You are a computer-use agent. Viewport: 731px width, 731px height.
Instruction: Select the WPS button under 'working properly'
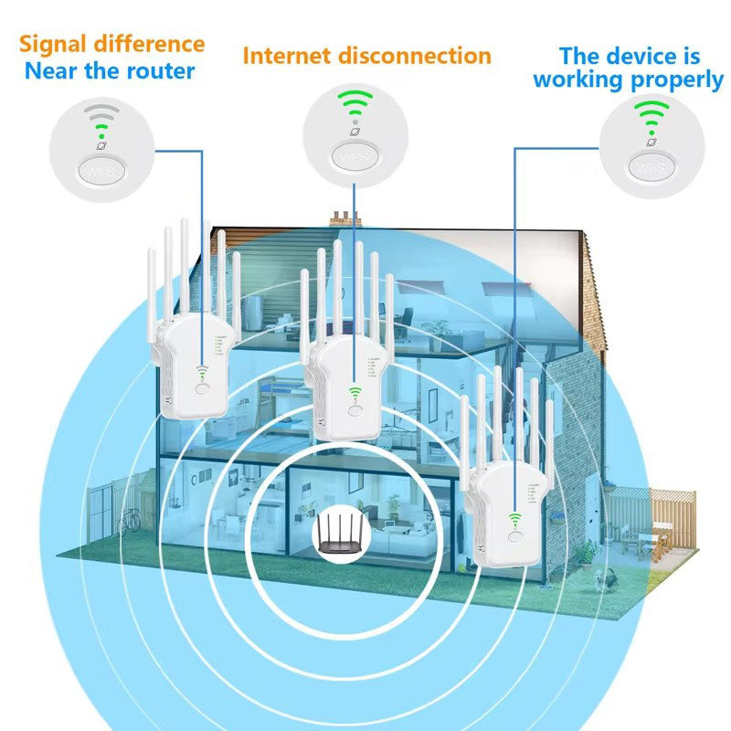click(x=652, y=167)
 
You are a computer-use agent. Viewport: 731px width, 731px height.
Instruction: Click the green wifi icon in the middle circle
click(x=355, y=105)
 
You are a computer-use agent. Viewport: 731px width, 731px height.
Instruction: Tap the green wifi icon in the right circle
click(x=652, y=117)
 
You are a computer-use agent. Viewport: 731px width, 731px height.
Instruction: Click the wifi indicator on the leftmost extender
click(x=203, y=373)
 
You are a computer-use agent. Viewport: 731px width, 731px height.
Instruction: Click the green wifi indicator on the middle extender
click(x=355, y=393)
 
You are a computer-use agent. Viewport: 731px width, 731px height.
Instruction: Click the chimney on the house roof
click(x=342, y=218)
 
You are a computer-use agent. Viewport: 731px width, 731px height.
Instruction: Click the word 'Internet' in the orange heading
click(x=285, y=56)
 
